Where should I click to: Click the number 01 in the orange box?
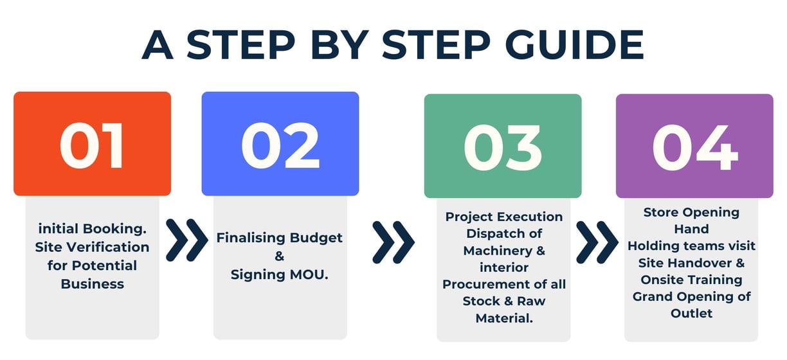[x=92, y=146]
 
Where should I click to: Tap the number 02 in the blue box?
[x=280, y=146]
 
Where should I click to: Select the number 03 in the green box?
[x=503, y=148]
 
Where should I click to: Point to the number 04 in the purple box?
[x=694, y=148]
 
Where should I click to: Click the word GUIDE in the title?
[x=574, y=45]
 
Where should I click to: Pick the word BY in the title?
[x=339, y=45]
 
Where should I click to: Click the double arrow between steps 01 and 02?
[x=187, y=240]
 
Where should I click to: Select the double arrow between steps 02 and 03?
[x=394, y=242]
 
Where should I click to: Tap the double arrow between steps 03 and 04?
[x=597, y=242]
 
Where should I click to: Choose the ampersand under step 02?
[x=280, y=256]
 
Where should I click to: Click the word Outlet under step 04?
[x=691, y=313]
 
